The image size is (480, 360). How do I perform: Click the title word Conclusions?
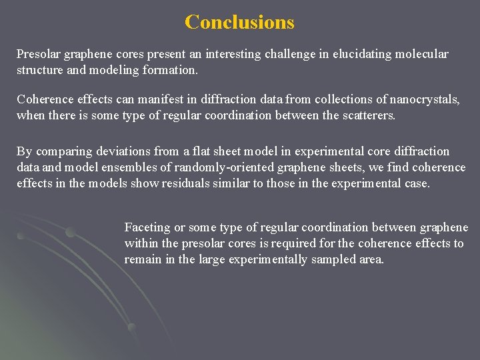[x=239, y=22]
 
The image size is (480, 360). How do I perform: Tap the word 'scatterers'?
[x=366, y=116]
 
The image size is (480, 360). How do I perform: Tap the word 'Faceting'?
[x=147, y=227]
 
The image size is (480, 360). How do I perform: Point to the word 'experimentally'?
[x=267, y=259]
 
